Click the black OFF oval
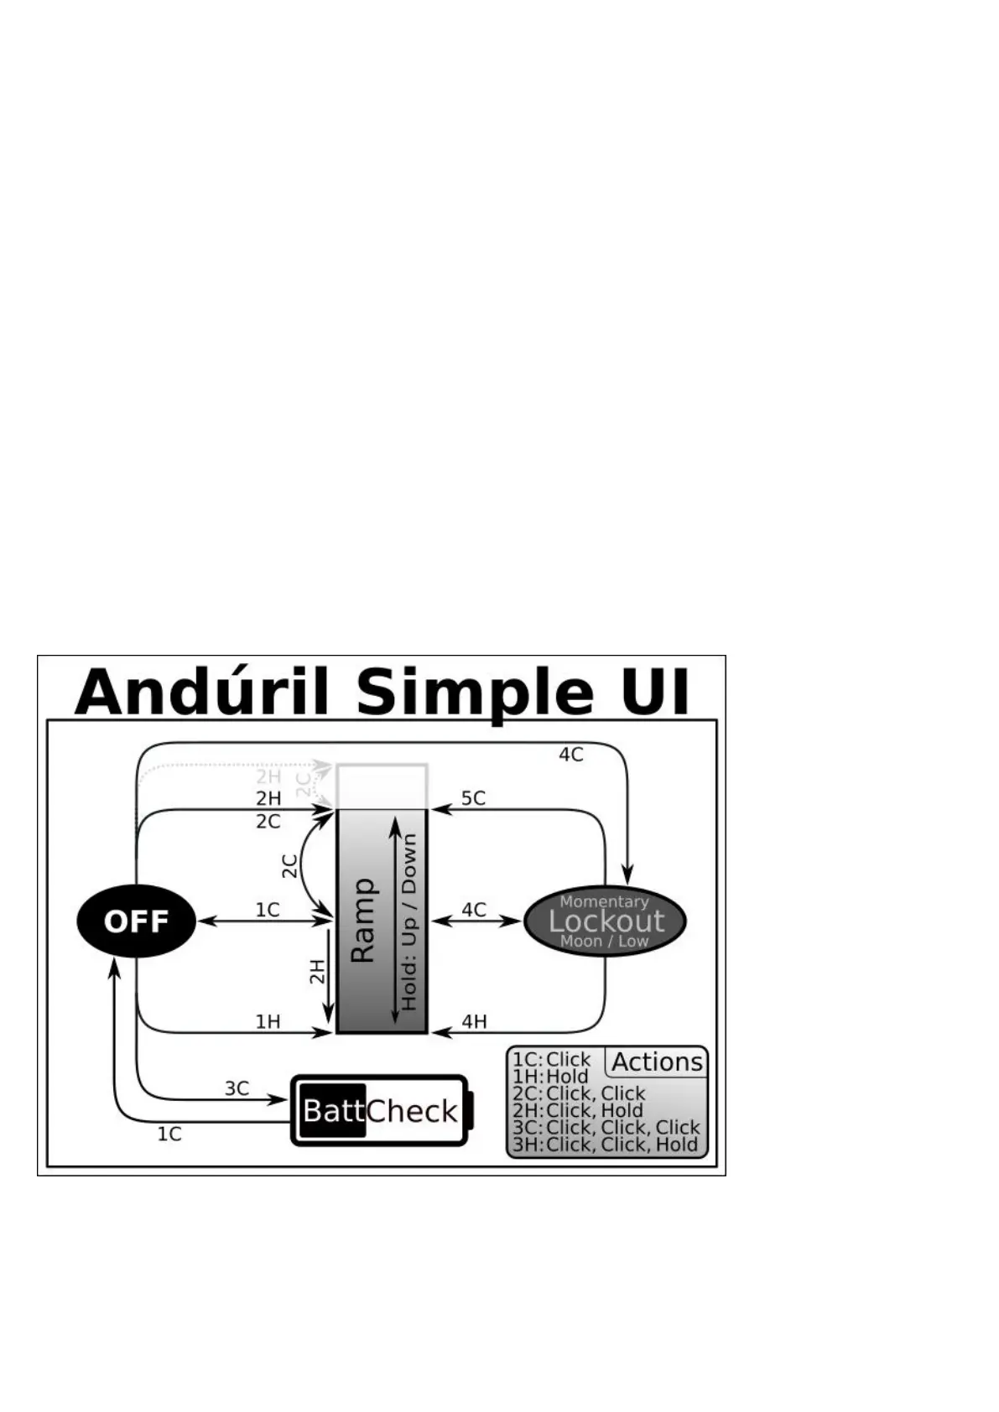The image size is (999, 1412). [136, 921]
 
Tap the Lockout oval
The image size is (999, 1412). [605, 921]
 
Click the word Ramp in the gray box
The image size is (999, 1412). [362, 921]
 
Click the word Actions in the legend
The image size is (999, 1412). [657, 1062]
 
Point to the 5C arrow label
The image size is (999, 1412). [473, 797]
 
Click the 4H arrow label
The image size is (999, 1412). [474, 1021]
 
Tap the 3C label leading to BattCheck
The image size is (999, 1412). [237, 1088]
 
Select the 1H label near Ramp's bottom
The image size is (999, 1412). [268, 1021]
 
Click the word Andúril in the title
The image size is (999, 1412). [201, 693]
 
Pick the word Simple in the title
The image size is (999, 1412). [475, 693]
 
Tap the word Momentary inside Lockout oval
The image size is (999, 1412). [604, 901]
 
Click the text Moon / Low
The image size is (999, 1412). [604, 941]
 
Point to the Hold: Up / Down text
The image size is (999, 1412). [408, 921]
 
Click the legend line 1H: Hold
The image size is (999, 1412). [550, 1077]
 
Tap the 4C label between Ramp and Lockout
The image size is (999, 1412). [474, 910]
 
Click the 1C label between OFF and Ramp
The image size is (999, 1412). [268, 910]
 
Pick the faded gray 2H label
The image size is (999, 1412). [268, 776]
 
